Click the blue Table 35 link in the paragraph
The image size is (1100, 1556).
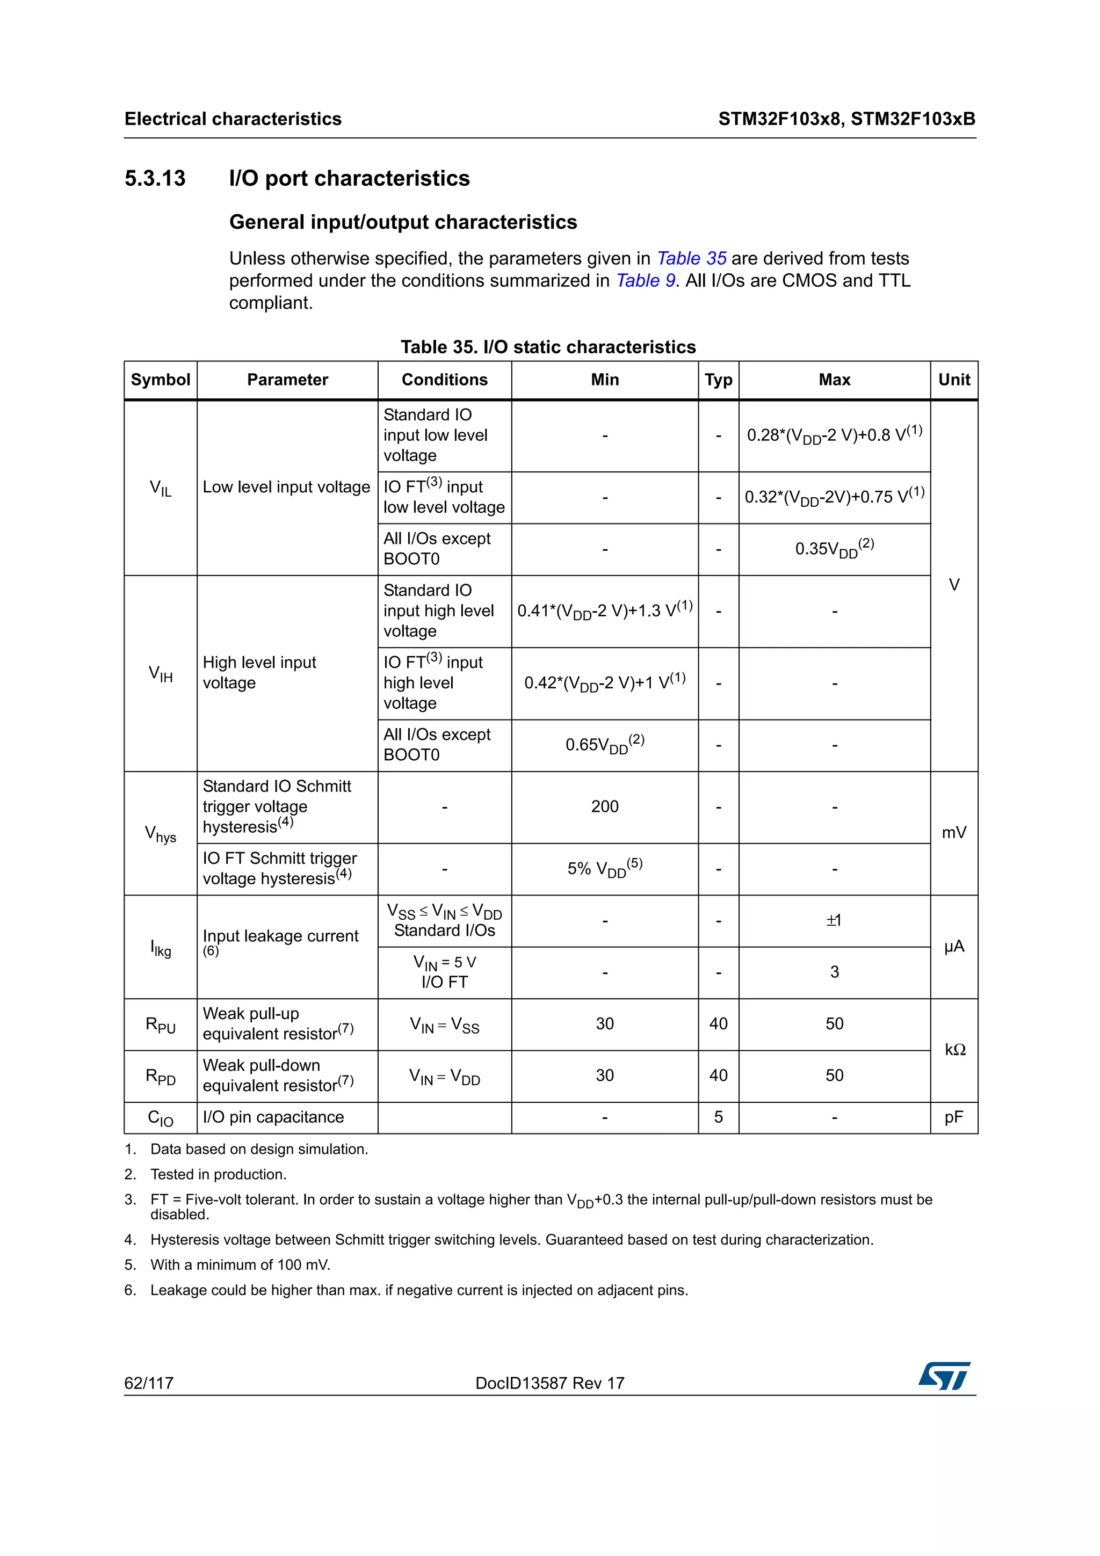(691, 258)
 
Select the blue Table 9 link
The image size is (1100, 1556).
(645, 281)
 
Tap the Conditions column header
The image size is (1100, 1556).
(444, 380)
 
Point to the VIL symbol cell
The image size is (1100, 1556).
(161, 488)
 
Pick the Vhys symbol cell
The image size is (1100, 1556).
(161, 833)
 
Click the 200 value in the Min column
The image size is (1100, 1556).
(605, 806)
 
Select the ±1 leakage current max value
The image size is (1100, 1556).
(834, 920)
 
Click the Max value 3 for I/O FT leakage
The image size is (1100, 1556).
(834, 972)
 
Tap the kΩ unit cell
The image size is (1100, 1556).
(954, 1050)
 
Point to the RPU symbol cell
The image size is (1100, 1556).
(161, 1024)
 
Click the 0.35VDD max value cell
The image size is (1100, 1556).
(834, 549)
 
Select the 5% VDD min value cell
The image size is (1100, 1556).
(605, 868)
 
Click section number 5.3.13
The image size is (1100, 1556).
(155, 178)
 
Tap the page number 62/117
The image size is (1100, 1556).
(148, 1383)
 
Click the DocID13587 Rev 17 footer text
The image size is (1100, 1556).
(549, 1383)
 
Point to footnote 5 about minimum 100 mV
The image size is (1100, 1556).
(240, 1264)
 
